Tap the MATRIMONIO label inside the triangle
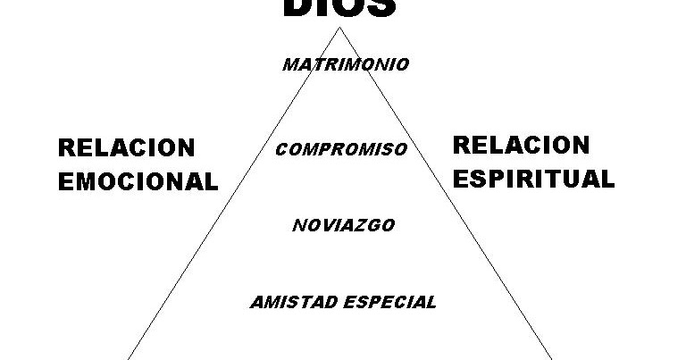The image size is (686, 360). point(346,64)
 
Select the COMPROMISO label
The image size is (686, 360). point(341,149)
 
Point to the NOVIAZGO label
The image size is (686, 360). point(343,225)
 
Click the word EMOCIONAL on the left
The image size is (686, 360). point(138,181)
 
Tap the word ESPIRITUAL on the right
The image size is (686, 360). point(533,178)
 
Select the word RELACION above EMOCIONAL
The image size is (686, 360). point(126,147)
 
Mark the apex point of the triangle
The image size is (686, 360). point(339,29)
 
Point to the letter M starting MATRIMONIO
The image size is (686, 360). point(289,64)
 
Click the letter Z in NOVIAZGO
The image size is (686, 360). point(363,225)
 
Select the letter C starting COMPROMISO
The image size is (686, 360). point(280,149)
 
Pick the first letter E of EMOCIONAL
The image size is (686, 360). point(65,181)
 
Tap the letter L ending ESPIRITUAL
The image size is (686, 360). point(607,178)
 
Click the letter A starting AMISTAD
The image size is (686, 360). point(255,301)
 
